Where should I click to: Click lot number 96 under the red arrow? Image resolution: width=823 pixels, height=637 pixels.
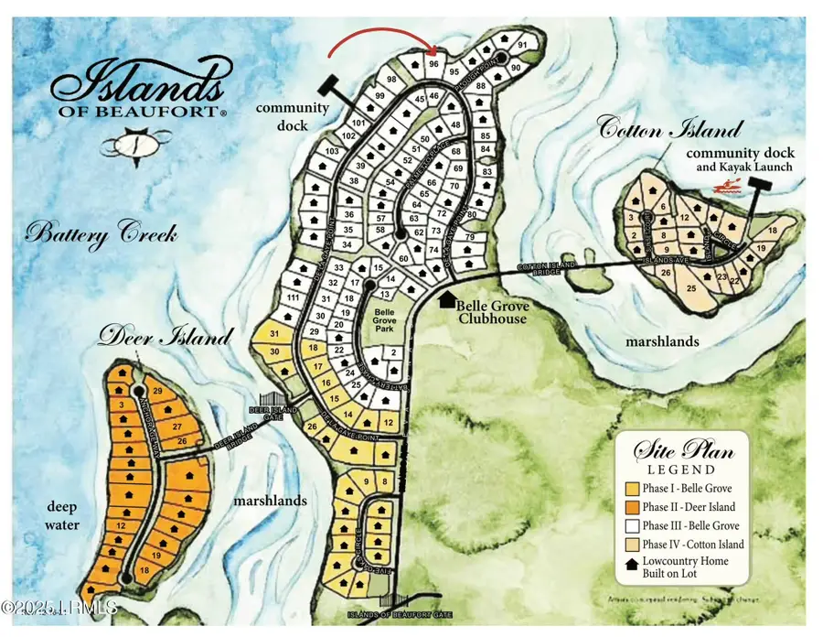coord(434,64)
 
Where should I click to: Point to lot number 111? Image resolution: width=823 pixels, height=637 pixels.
coord(293,299)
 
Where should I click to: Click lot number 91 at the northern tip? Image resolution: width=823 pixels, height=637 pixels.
coord(522,45)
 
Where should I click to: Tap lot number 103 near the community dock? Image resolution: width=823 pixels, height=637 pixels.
coord(333,151)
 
